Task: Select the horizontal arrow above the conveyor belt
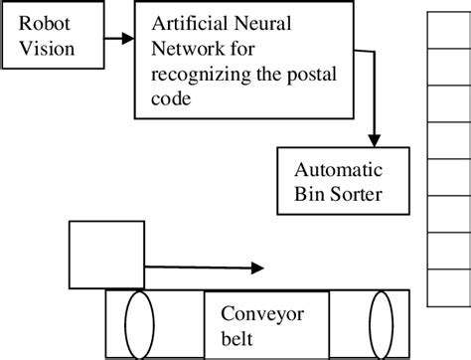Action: [203, 267]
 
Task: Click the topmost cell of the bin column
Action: [449, 29]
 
